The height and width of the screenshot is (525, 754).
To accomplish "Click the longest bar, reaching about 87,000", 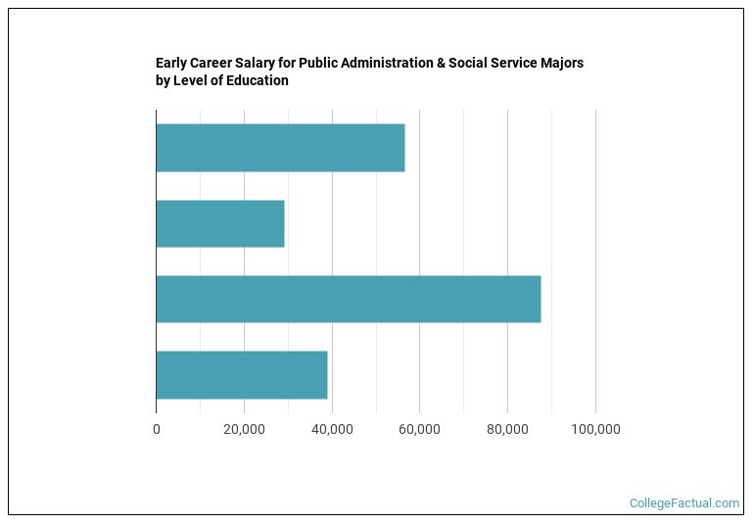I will coord(348,300).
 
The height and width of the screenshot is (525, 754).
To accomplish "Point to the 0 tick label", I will coord(157,429).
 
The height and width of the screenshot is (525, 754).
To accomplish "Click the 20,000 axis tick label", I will coord(244,429).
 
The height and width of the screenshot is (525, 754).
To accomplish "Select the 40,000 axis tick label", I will coord(332,429).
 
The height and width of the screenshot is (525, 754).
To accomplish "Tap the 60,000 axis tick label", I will coord(419,429).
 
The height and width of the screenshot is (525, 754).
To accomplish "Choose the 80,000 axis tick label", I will coord(507,429).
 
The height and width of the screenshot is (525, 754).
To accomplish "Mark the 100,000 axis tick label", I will coord(595,429).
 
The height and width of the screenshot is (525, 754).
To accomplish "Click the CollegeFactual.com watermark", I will coord(683,503).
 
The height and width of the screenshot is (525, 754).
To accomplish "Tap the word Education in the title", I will coord(258,81).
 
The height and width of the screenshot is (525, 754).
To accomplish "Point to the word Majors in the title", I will coord(560,63).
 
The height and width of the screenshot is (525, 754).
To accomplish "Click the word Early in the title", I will coord(172,63).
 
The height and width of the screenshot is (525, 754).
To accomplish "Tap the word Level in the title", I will coord(191,81).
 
